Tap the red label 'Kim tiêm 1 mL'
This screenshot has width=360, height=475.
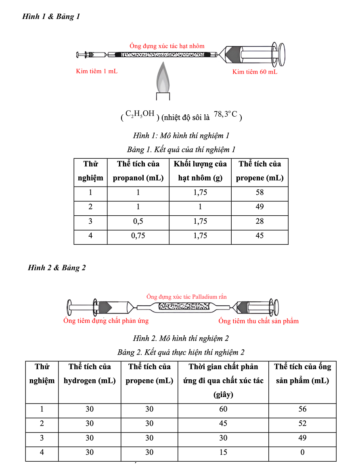(97, 71)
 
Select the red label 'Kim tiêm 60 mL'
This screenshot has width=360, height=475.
(255, 72)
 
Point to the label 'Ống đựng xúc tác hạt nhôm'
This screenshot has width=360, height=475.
(167, 46)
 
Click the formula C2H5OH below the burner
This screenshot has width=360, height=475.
(140, 114)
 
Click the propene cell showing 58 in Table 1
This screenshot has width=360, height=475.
(260, 192)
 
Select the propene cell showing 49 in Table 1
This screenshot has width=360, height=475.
(260, 207)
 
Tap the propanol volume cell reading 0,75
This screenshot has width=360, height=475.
(138, 236)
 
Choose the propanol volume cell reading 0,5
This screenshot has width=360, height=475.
(138, 221)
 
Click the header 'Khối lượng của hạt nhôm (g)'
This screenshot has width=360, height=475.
(200, 171)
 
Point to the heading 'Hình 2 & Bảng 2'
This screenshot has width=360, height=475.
(57, 268)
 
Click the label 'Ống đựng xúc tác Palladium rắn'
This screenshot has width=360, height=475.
(186, 296)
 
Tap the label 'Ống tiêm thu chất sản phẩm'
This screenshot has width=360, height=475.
(258, 321)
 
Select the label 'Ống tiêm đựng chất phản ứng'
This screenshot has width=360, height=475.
(106, 321)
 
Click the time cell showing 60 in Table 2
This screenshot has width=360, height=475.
(223, 409)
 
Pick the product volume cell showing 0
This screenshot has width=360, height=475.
(302, 452)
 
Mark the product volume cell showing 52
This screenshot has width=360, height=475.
(302, 424)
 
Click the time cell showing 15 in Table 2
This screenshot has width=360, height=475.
(223, 452)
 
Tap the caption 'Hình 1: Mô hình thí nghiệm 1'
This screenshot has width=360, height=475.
(181, 135)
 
